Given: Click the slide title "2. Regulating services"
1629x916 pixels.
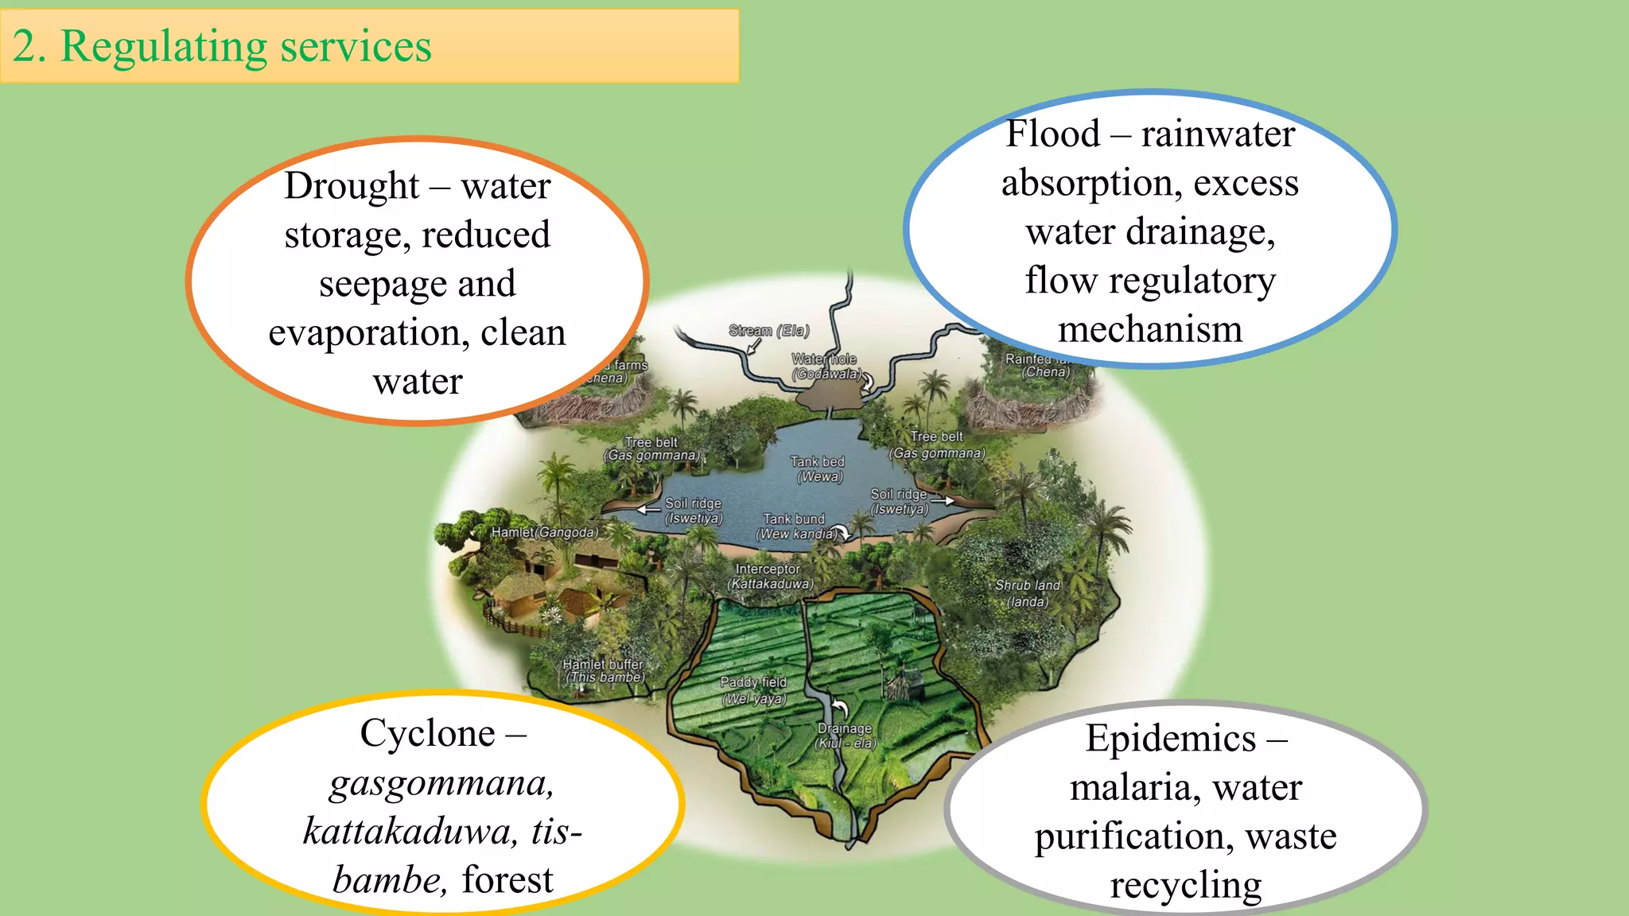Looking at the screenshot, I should (222, 46).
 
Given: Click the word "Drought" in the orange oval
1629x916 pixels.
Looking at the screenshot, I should (352, 187).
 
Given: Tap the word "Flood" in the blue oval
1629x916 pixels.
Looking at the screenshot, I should (1052, 134).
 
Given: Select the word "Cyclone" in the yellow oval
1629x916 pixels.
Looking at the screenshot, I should (427, 733).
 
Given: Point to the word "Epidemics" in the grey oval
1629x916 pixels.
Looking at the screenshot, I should (1171, 739).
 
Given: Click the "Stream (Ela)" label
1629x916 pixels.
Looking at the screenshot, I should (768, 331).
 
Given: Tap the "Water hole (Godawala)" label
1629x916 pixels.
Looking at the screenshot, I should (825, 367).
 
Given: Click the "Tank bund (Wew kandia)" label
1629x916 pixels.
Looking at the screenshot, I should (795, 526).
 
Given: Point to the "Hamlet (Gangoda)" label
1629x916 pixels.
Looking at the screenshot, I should (544, 533).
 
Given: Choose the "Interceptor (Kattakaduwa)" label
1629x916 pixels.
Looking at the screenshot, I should (769, 576).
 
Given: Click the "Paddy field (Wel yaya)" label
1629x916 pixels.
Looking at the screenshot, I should (753, 690).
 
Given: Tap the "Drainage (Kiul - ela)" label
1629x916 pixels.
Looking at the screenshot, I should (845, 736).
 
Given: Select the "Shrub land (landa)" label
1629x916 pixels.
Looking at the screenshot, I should (1028, 593).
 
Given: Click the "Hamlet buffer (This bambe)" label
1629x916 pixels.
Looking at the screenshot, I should (604, 671).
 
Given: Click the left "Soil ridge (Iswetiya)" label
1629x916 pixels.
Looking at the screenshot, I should (694, 511).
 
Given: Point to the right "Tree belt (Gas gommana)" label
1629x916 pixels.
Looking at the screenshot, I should (937, 445).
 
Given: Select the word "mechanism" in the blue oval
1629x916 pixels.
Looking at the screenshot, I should (1150, 329).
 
